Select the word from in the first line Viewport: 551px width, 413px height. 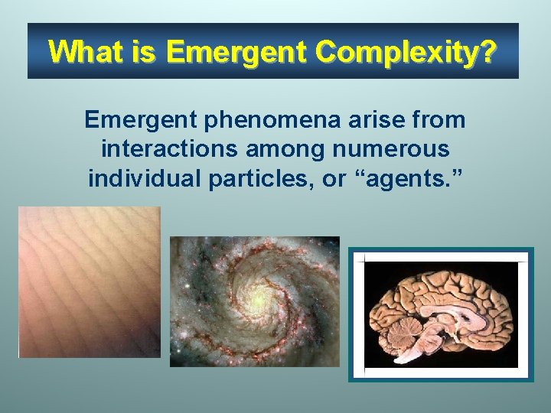point(439,120)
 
